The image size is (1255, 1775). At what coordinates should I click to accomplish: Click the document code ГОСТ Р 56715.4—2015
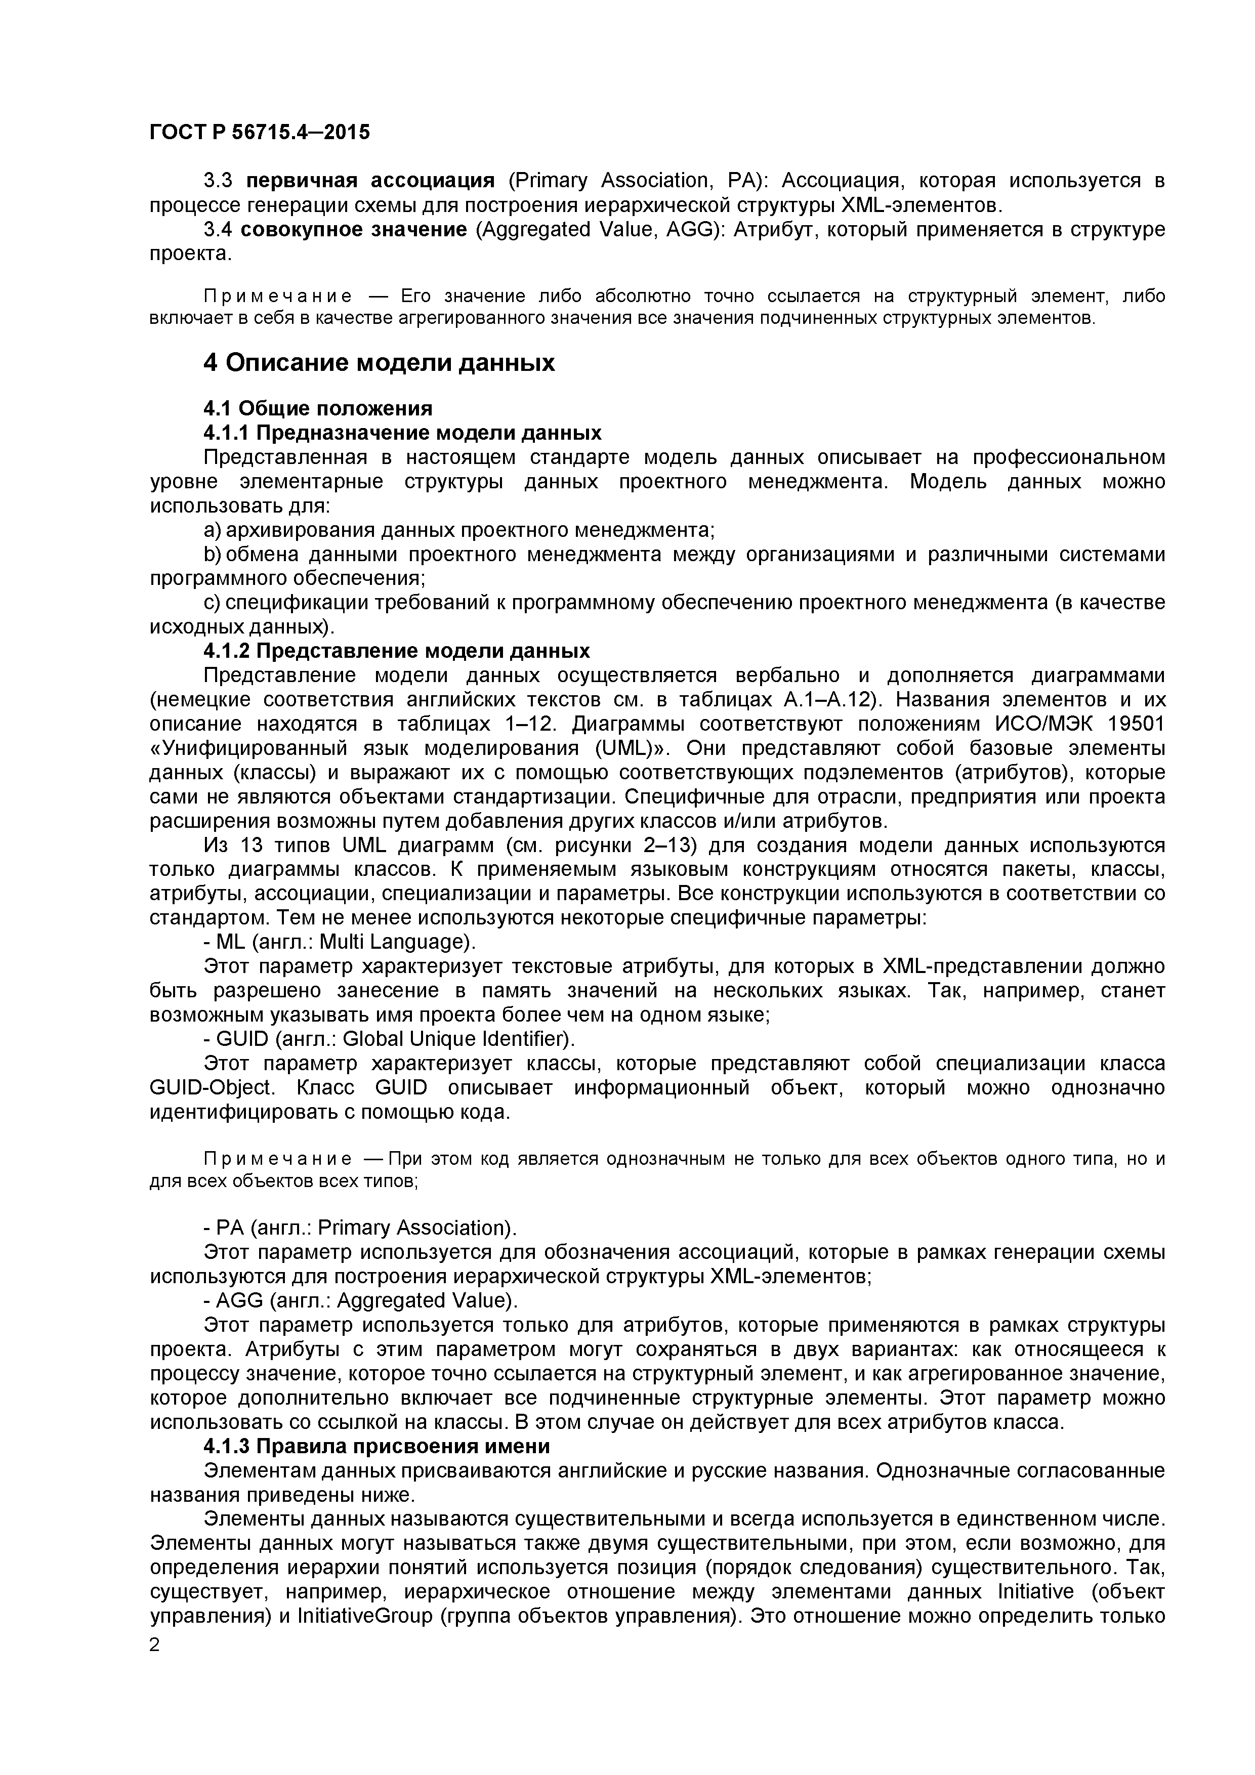tap(259, 132)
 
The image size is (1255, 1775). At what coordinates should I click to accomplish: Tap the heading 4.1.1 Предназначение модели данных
tap(402, 432)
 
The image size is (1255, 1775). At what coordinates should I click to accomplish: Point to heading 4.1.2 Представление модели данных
tap(396, 650)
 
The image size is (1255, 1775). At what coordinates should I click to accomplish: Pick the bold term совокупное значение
tap(353, 230)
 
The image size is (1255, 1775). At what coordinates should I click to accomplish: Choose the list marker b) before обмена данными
tap(213, 554)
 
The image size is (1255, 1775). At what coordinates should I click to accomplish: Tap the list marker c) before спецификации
tap(213, 602)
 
